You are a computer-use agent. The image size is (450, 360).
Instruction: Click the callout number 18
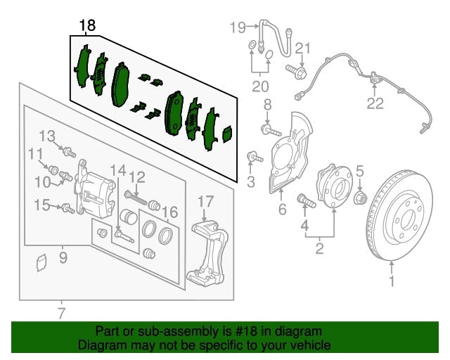pos(87,27)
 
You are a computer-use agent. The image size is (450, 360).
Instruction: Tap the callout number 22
pos(375,104)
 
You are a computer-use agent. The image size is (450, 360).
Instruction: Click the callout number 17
pos(205,202)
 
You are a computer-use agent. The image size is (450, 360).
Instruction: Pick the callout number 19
pos(238,27)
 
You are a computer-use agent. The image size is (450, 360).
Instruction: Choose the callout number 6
pos(282,210)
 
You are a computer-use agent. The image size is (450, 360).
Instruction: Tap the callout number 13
pos(46,136)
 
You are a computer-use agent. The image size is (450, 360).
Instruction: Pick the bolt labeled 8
pos(271,130)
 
